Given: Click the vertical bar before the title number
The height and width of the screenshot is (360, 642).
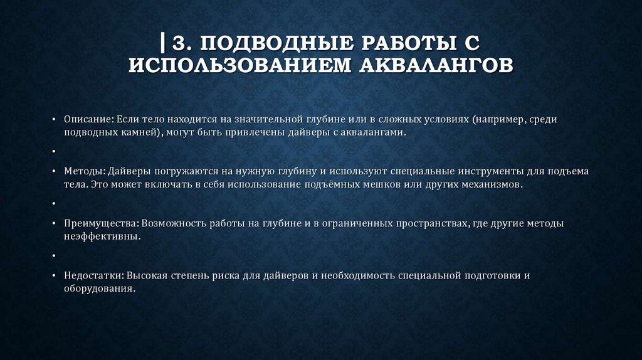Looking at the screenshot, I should tap(163, 44).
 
